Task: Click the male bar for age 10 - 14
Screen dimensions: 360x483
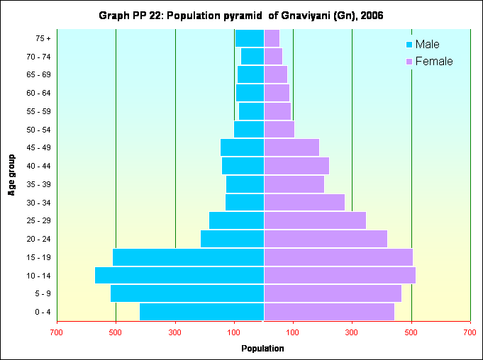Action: pos(179,275)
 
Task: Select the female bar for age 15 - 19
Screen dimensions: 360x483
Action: pos(338,257)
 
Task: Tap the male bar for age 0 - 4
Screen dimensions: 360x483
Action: pos(201,312)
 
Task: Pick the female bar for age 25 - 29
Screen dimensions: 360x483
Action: pos(315,220)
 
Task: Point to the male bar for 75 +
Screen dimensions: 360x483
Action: pos(250,38)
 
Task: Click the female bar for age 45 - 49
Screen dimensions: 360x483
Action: pos(292,147)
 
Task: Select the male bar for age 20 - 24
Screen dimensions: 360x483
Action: pos(232,239)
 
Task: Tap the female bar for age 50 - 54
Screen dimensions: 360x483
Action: pos(279,129)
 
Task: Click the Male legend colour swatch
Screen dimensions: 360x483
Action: pos(409,45)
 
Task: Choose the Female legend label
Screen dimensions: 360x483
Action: pos(433,62)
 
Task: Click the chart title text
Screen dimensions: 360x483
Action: pos(241,16)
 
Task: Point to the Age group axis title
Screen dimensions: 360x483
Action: pos(12,174)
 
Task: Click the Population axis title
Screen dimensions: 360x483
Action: pos(262,348)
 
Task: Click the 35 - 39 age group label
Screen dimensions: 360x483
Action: pos(38,184)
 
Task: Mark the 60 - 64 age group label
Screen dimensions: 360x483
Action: pos(38,93)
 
